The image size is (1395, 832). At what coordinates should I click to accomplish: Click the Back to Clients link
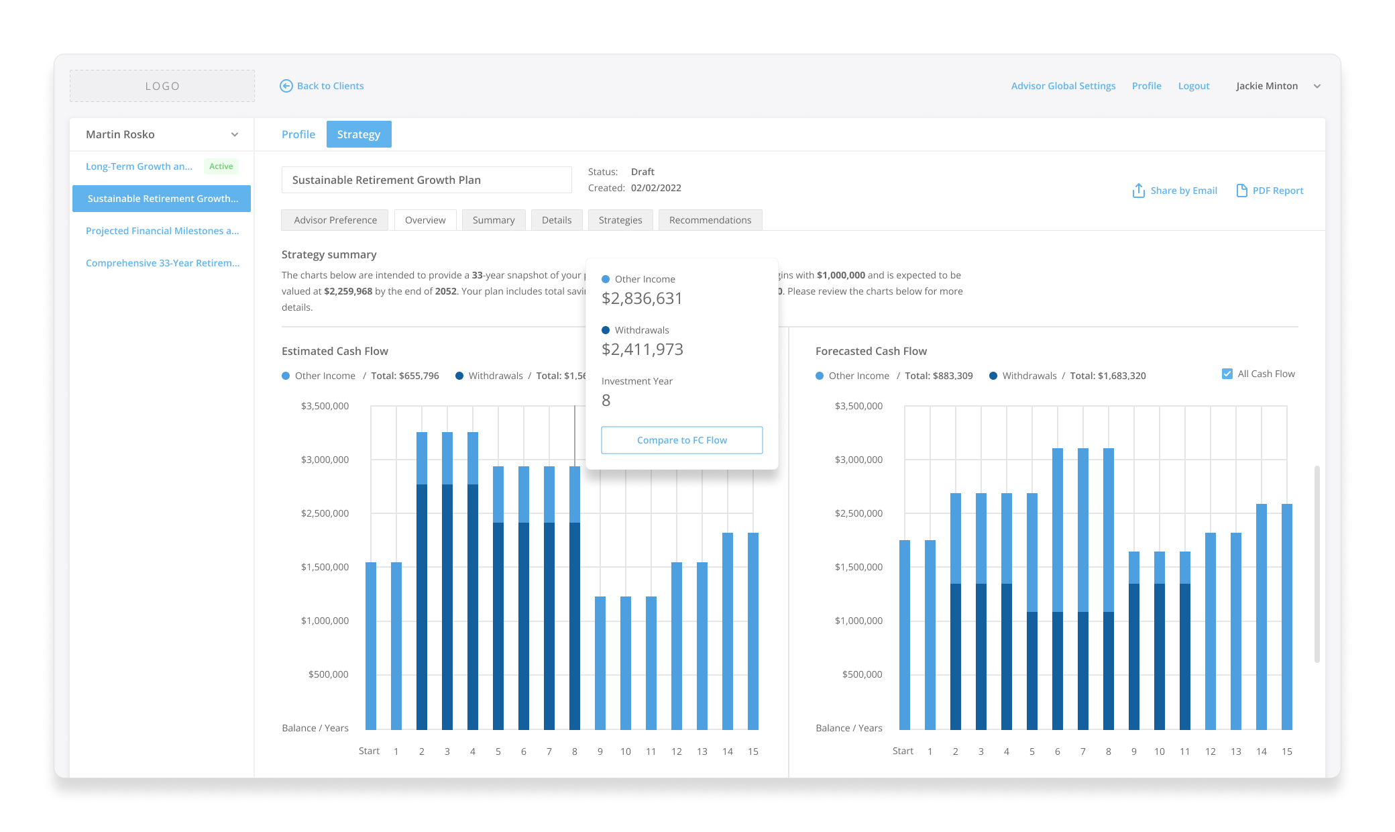[x=322, y=86]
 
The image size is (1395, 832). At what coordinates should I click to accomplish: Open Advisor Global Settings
[x=1063, y=86]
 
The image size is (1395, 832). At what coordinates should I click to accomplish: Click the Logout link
[x=1194, y=86]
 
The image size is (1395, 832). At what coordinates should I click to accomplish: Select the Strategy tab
[x=359, y=134]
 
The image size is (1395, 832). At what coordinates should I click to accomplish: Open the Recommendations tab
[x=710, y=220]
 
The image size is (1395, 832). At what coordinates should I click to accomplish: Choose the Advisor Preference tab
[x=335, y=220]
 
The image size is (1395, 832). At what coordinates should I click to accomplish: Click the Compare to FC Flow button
[x=682, y=440]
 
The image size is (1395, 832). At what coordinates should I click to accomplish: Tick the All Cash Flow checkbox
[x=1227, y=374]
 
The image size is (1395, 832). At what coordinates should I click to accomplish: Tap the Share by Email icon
[x=1139, y=191]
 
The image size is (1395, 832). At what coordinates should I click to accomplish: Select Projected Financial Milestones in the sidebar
[x=162, y=231]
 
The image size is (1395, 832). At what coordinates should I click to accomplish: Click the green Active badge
[x=221, y=166]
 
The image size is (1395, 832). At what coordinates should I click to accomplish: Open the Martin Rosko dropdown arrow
[x=235, y=134]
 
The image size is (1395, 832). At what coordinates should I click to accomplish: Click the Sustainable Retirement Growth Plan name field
[x=427, y=180]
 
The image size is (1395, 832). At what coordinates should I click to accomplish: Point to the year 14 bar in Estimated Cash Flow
[x=728, y=631]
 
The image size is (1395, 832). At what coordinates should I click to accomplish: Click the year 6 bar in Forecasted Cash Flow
[x=1058, y=588]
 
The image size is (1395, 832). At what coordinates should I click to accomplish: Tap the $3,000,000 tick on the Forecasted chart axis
[x=858, y=460]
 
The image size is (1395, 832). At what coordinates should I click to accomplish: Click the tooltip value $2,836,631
[x=642, y=299]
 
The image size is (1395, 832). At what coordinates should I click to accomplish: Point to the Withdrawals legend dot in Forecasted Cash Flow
[x=993, y=376]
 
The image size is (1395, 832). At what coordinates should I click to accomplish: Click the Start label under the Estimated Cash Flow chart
[x=369, y=751]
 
